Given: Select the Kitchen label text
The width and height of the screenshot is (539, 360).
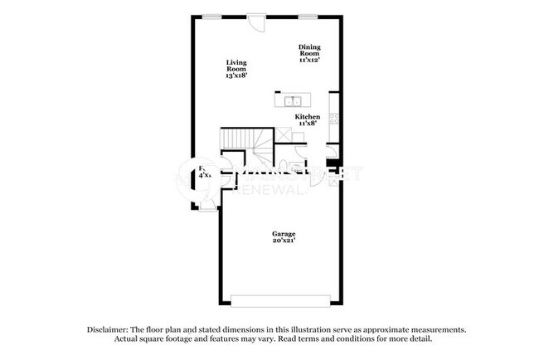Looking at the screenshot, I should point(308,117).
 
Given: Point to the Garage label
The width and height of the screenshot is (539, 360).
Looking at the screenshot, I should point(284,233).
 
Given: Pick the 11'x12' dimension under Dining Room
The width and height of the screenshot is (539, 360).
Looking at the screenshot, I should point(309,60).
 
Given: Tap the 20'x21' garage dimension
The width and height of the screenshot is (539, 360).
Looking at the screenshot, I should point(284,241).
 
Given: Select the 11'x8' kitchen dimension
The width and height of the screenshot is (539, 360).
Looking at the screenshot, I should point(308,124).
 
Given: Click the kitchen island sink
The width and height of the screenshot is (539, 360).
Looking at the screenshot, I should point(291,102).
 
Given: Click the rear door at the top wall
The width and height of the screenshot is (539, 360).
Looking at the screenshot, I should point(257,21).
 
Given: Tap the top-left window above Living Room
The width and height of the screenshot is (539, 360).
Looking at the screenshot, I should point(213,16).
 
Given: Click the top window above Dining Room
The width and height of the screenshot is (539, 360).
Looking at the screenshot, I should point(308,16).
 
